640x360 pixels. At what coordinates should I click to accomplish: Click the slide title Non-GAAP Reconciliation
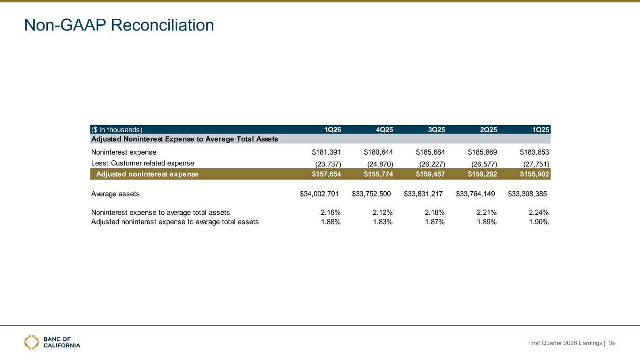pyautogui.click(x=119, y=25)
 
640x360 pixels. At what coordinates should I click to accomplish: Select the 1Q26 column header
pyautogui.click(x=332, y=130)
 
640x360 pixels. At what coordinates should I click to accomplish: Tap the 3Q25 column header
pyautogui.click(x=437, y=130)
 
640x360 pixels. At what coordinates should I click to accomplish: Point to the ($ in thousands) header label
pyautogui.click(x=117, y=130)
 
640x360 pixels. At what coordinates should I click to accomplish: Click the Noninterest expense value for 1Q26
pyautogui.click(x=326, y=152)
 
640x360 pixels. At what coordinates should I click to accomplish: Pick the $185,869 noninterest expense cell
pyautogui.click(x=482, y=152)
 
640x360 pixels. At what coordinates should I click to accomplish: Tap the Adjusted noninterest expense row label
pyautogui.click(x=147, y=174)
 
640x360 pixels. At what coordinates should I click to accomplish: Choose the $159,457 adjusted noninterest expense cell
pyautogui.click(x=430, y=174)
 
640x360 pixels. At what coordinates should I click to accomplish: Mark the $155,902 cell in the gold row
pyautogui.click(x=535, y=174)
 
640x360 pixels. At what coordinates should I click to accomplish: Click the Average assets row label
pyautogui.click(x=115, y=194)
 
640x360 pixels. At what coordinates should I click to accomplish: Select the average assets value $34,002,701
pyautogui.click(x=319, y=194)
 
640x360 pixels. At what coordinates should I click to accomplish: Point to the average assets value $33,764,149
pyautogui.click(x=475, y=194)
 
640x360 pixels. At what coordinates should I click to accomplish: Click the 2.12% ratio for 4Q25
pyautogui.click(x=383, y=212)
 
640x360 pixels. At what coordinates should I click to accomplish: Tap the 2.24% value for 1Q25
pyautogui.click(x=539, y=212)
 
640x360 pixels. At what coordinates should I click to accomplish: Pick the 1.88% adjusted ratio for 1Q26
pyautogui.click(x=331, y=222)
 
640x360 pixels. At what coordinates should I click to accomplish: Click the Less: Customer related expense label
pyautogui.click(x=143, y=163)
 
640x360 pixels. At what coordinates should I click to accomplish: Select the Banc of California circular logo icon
pyautogui.click(x=31, y=342)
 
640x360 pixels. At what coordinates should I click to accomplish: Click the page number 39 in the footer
pyautogui.click(x=612, y=343)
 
